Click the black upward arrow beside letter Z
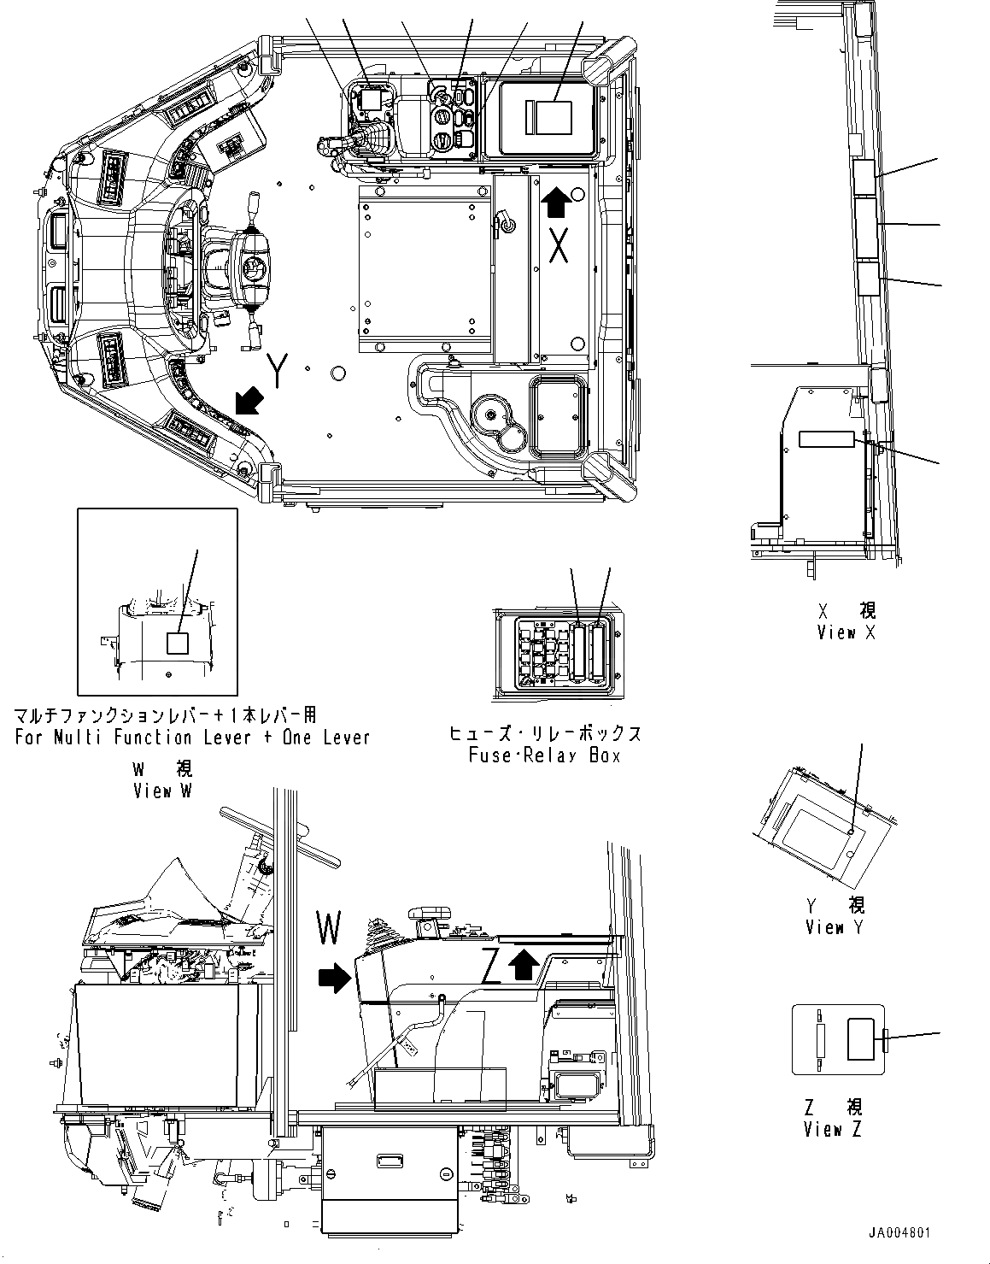[524, 965]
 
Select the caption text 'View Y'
[835, 926]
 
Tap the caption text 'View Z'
[834, 1129]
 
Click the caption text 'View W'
[162, 791]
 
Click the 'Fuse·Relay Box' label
[544, 755]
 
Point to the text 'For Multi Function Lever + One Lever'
[192, 737]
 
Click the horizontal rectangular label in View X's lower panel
[826, 439]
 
